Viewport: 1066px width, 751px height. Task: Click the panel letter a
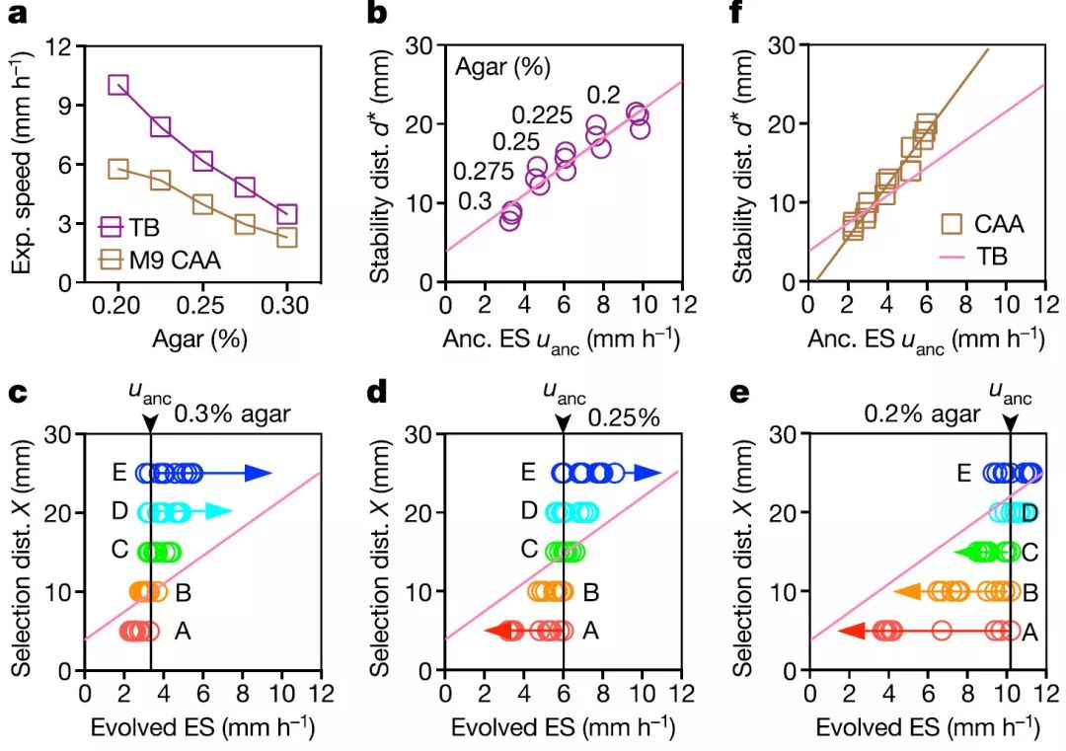pyautogui.click(x=18, y=13)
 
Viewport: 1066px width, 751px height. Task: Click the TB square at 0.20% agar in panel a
pyautogui.click(x=118, y=85)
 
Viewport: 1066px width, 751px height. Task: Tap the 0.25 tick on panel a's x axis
pyautogui.click(x=202, y=307)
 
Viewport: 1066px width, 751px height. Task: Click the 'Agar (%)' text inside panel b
pyautogui.click(x=502, y=69)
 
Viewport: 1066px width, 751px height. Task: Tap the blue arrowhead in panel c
pyautogui.click(x=258, y=474)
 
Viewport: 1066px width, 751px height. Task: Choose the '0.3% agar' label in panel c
pyautogui.click(x=232, y=413)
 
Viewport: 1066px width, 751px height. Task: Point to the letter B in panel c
pyautogui.click(x=183, y=592)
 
